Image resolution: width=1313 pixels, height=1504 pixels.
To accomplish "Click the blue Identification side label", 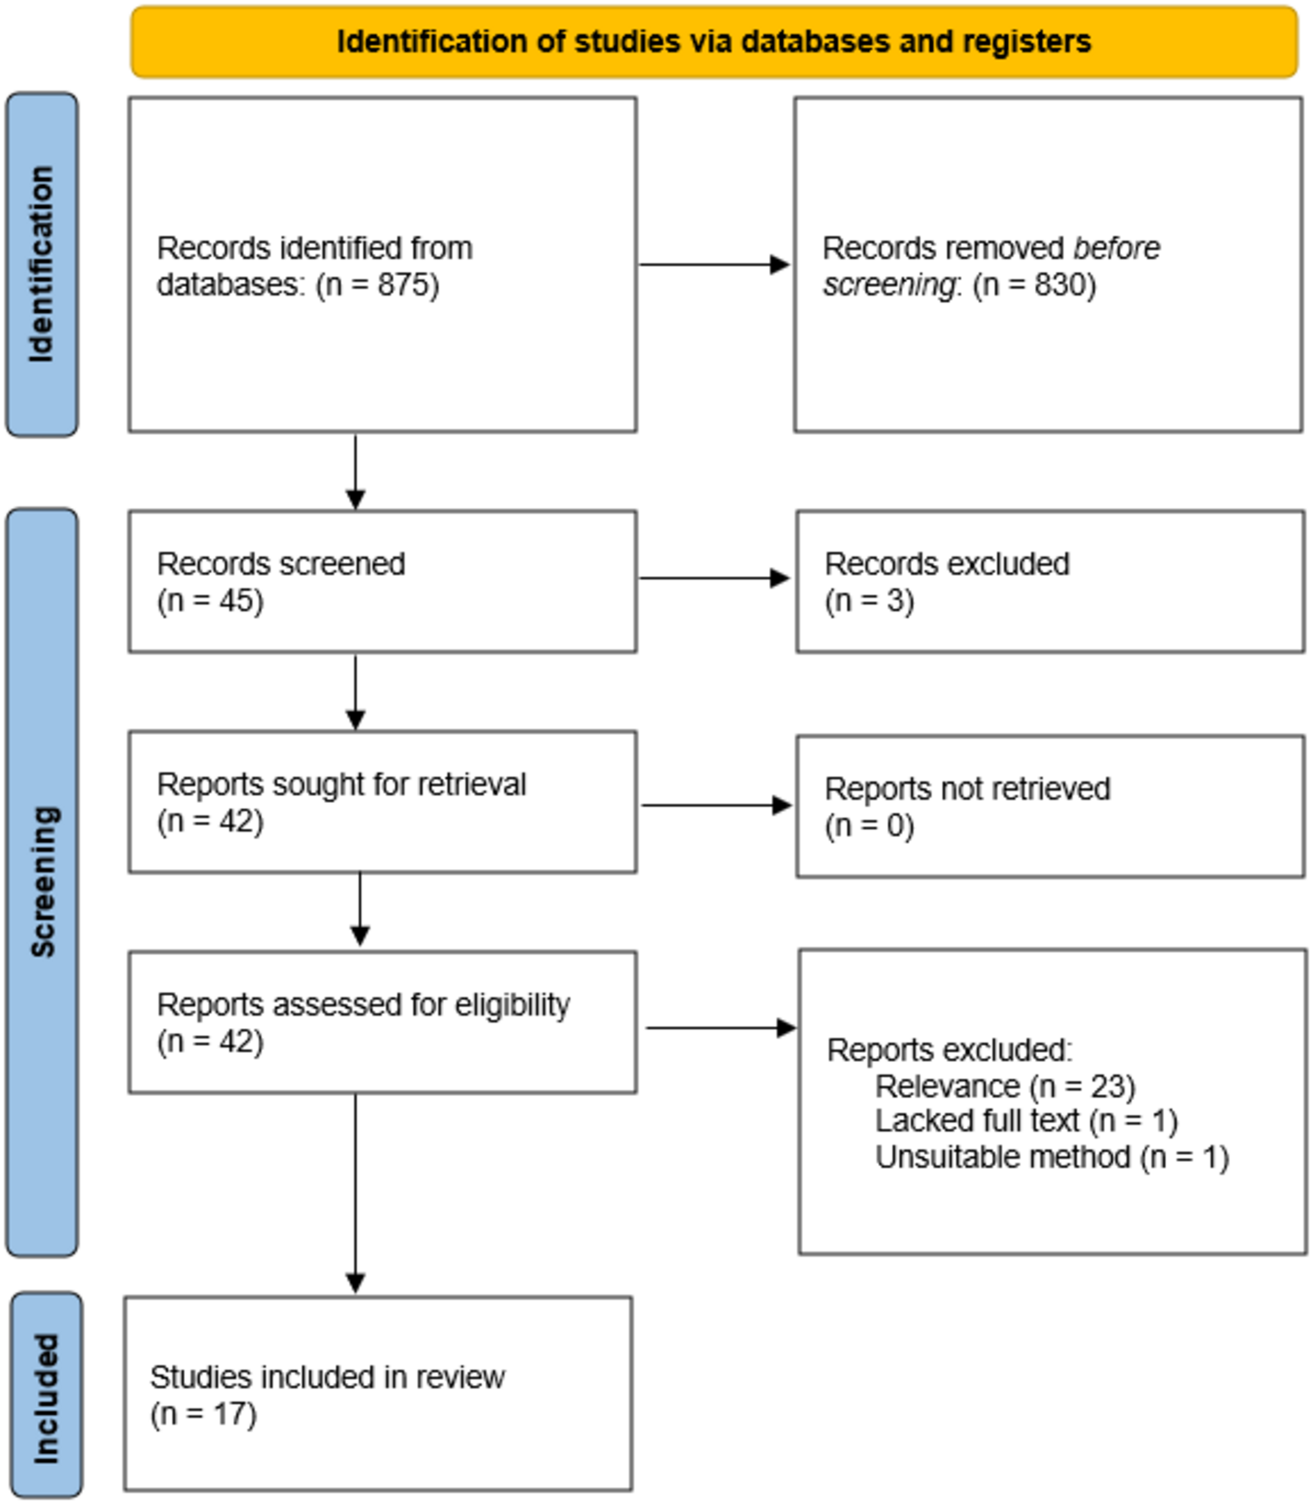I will click(42, 264).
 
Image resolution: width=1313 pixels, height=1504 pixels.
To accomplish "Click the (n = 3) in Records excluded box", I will click(869, 601).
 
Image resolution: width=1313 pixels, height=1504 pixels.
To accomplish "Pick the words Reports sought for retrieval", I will click(341, 785).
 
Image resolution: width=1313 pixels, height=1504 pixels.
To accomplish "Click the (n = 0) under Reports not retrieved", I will click(869, 826).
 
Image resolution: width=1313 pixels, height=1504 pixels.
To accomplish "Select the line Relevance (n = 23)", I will click(1004, 1086).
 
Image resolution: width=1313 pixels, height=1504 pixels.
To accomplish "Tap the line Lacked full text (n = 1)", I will click(1026, 1121).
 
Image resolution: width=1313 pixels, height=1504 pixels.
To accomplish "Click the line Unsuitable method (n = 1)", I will click(1051, 1157).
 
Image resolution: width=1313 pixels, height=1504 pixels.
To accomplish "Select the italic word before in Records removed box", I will click(1116, 248).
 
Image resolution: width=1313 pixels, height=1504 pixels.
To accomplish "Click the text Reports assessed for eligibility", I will click(363, 1004).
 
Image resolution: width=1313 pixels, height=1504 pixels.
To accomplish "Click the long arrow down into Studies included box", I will click(355, 1194).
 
